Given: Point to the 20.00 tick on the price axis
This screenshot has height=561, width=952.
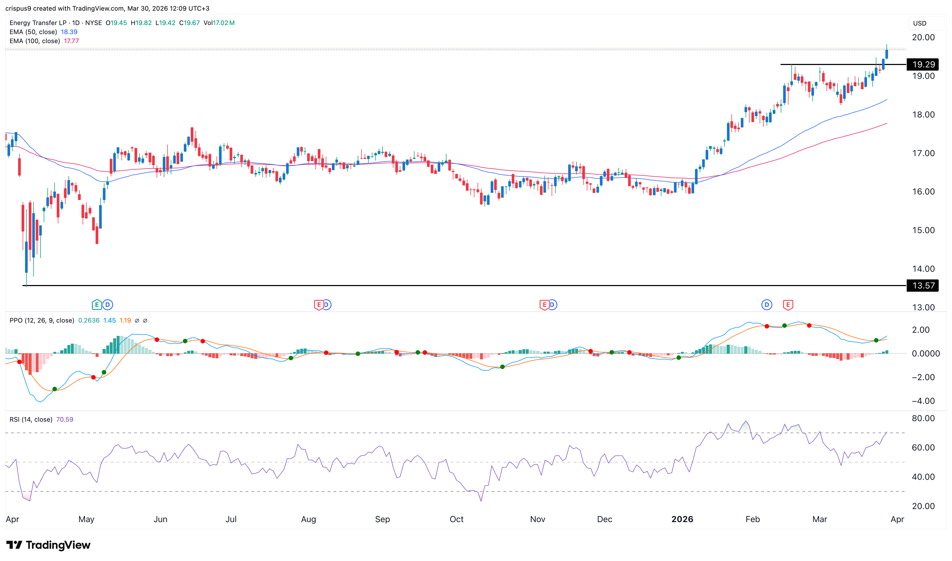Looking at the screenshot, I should point(923,37).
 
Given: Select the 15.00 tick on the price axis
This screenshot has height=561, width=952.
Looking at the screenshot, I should point(923,230).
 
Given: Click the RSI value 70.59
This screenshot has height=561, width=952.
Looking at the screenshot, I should point(65,419).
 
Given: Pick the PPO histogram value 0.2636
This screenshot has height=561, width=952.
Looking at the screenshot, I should point(89,320).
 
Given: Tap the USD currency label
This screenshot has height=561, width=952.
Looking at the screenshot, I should point(920,23).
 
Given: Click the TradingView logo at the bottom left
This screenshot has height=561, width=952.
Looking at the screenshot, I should point(48,545).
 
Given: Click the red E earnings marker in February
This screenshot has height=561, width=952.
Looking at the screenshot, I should point(788,305).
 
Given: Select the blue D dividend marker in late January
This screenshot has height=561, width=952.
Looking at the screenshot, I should point(766,305).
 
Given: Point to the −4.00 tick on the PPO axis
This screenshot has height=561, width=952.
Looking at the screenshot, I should point(923,401).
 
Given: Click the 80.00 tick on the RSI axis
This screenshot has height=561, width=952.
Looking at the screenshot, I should point(923,418).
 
